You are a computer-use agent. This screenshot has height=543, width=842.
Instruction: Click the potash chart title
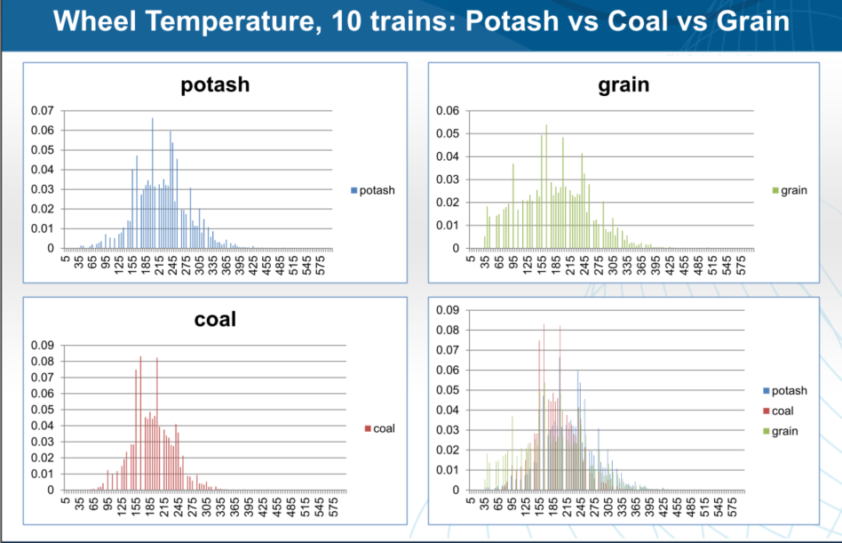(x=215, y=85)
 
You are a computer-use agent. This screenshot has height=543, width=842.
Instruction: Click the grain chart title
(x=624, y=84)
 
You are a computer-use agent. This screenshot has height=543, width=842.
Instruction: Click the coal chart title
(x=215, y=318)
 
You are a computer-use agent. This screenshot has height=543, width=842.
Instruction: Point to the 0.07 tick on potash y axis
(x=42, y=111)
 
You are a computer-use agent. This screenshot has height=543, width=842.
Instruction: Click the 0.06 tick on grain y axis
(x=447, y=111)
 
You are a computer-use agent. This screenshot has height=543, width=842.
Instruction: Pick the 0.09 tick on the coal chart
(x=42, y=345)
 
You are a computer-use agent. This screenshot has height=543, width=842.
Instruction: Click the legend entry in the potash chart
(x=373, y=190)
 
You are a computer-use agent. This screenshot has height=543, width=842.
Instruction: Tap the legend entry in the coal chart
(x=379, y=428)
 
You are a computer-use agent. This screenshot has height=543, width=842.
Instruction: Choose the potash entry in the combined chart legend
(x=784, y=391)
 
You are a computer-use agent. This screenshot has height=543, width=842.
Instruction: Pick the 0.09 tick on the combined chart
(x=447, y=310)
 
